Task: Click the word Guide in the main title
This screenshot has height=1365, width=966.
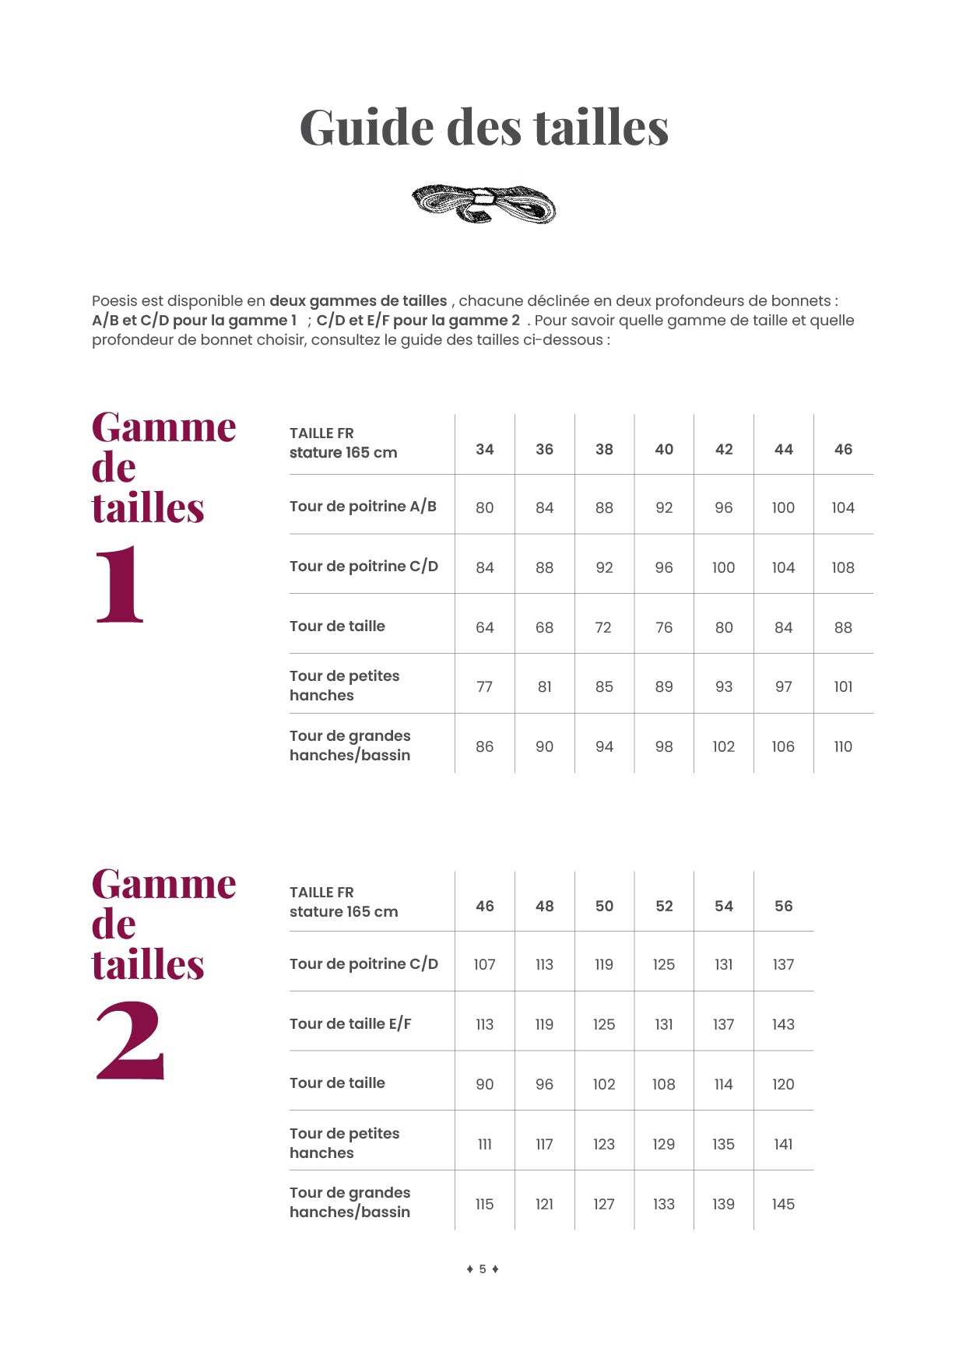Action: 367,128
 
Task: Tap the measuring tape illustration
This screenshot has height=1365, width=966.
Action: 483,204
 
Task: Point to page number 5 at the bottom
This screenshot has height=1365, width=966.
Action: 483,1269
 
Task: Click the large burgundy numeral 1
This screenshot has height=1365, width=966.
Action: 121,584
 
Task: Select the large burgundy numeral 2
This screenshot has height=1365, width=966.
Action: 130,1040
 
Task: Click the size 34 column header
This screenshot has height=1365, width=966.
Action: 485,449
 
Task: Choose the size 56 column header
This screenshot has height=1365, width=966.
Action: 783,906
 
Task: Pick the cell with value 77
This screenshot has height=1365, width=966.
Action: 485,686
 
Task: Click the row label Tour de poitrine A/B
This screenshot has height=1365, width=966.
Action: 363,507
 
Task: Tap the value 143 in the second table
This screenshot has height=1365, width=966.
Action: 783,1024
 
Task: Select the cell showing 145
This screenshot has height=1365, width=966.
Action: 783,1204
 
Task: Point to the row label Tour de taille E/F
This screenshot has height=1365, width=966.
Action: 350,1024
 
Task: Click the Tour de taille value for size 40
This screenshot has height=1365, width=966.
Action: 664,627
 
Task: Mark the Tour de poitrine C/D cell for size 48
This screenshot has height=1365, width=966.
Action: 544,964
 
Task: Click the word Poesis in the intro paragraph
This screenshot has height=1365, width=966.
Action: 115,301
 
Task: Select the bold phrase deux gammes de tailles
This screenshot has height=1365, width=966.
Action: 358,301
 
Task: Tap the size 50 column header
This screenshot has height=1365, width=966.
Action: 604,906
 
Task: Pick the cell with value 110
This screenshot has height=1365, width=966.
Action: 843,746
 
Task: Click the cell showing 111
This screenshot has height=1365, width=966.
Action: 485,1144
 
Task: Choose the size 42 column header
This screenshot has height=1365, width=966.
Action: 724,449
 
